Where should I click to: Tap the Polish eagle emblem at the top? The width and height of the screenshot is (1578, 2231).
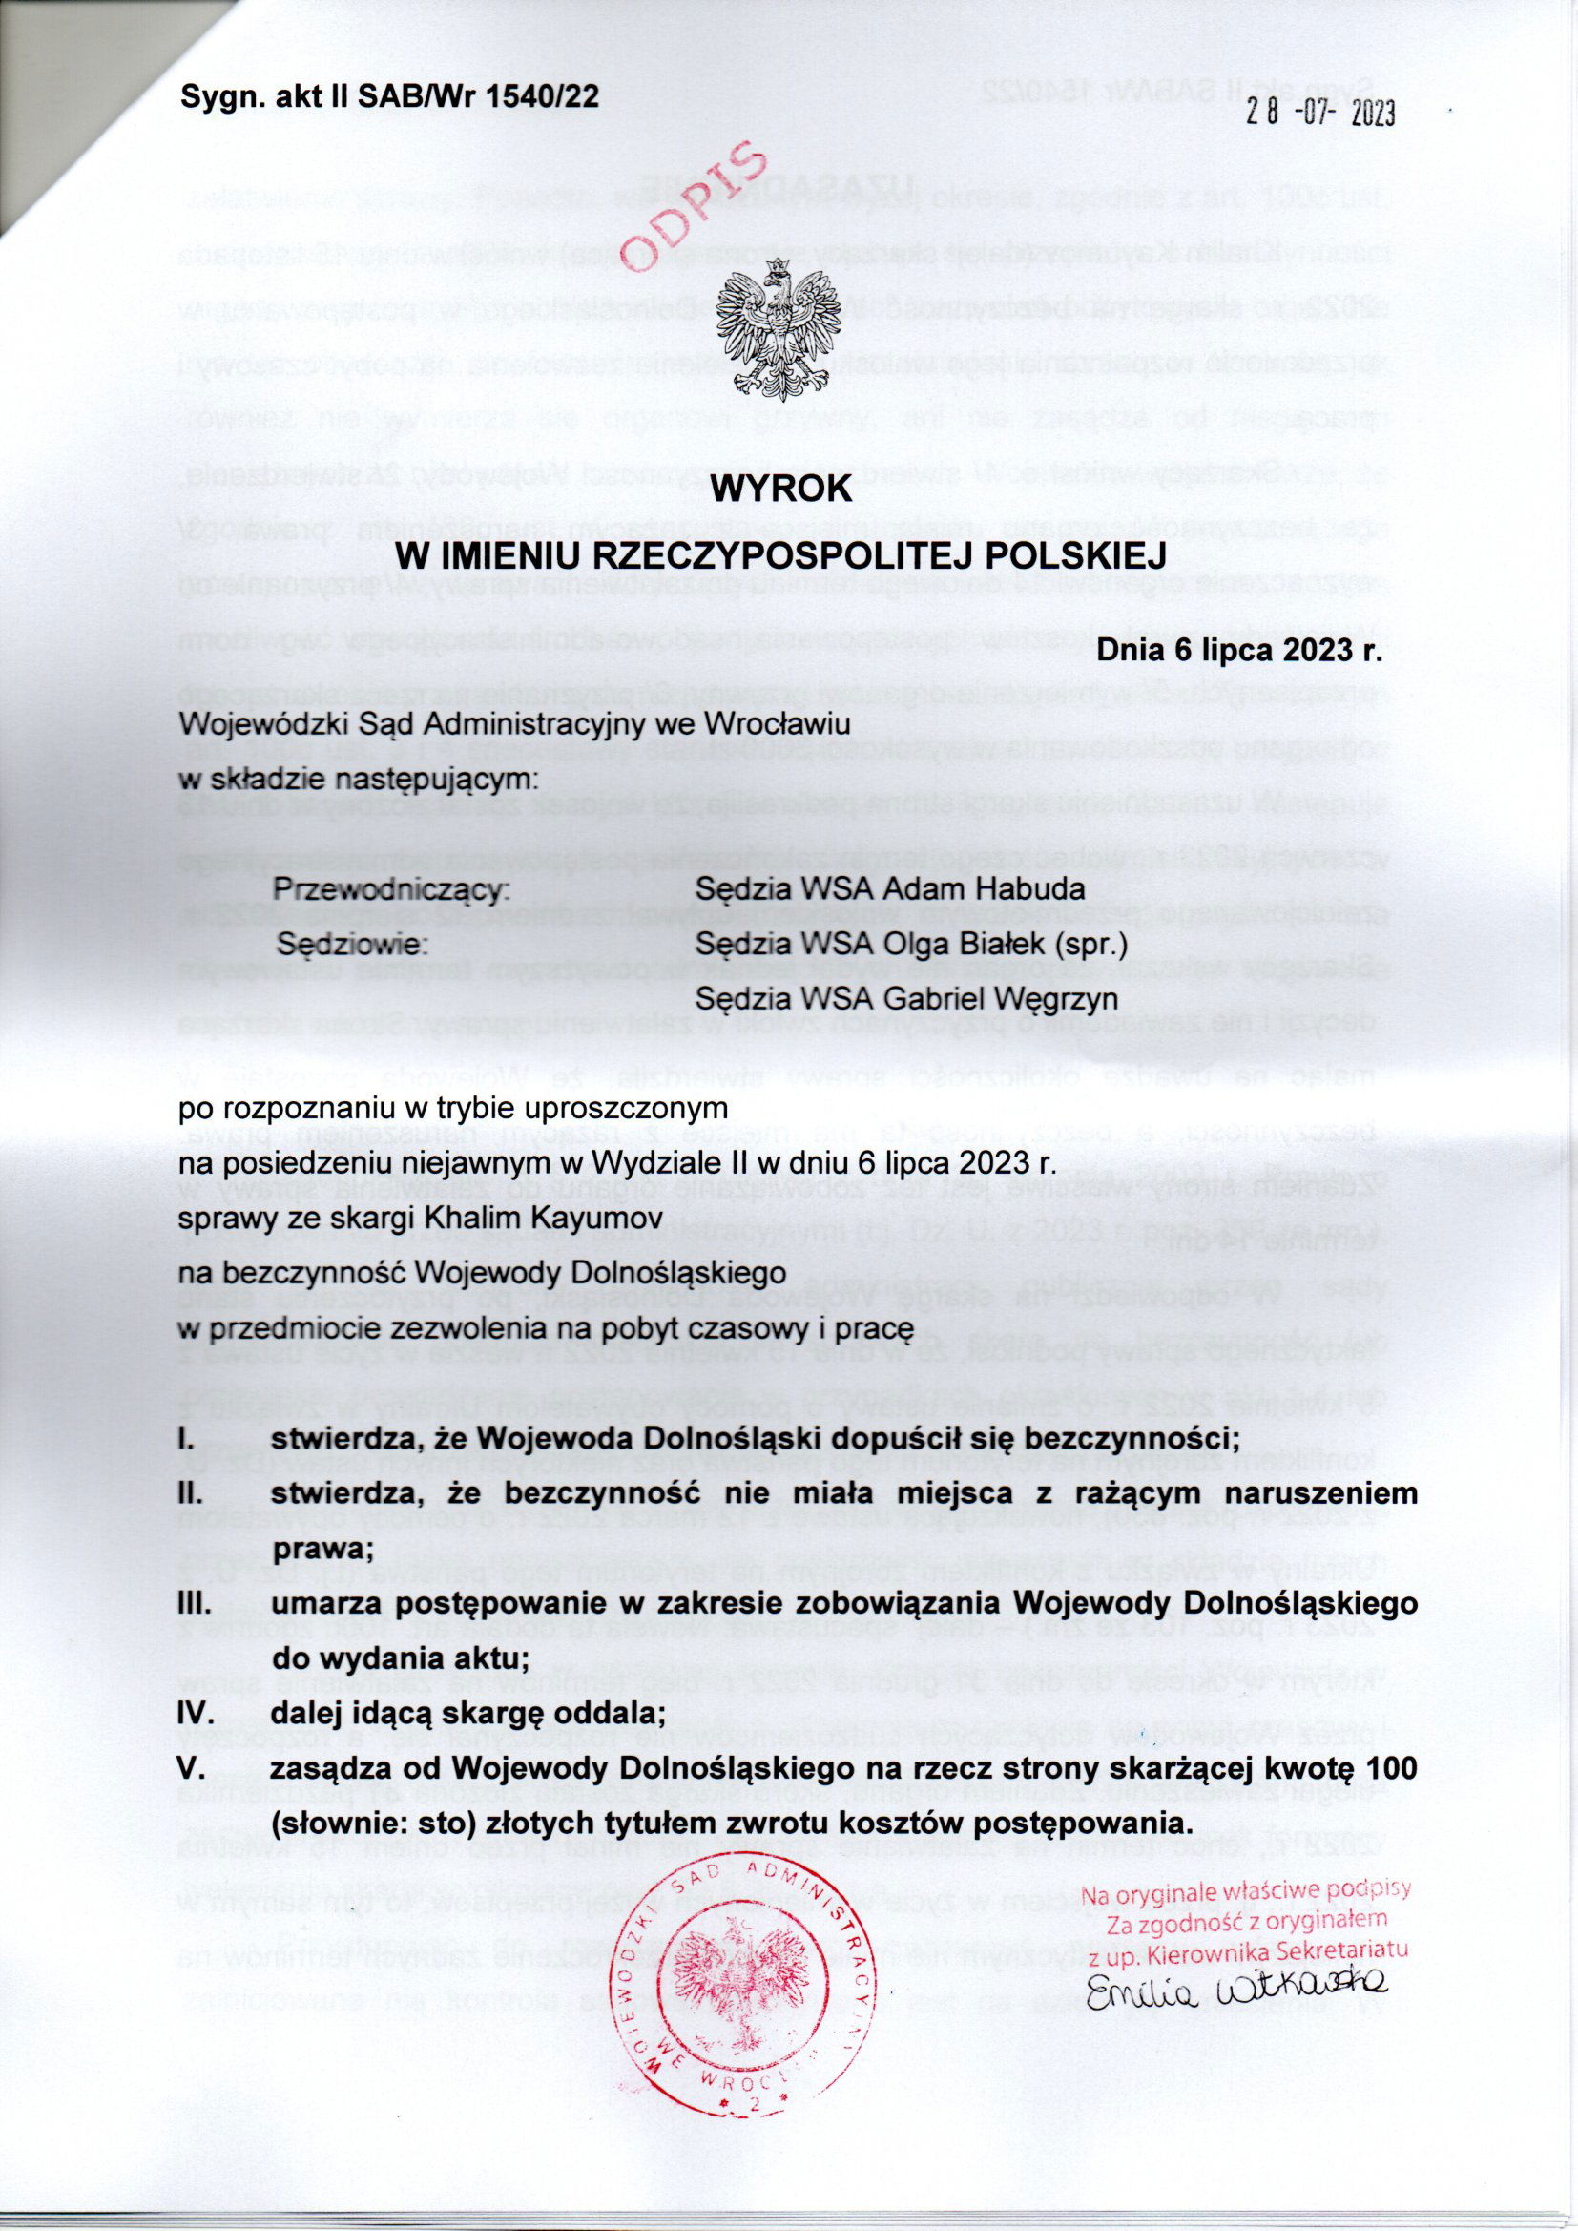776,330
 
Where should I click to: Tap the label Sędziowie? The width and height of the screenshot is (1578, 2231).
353,944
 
